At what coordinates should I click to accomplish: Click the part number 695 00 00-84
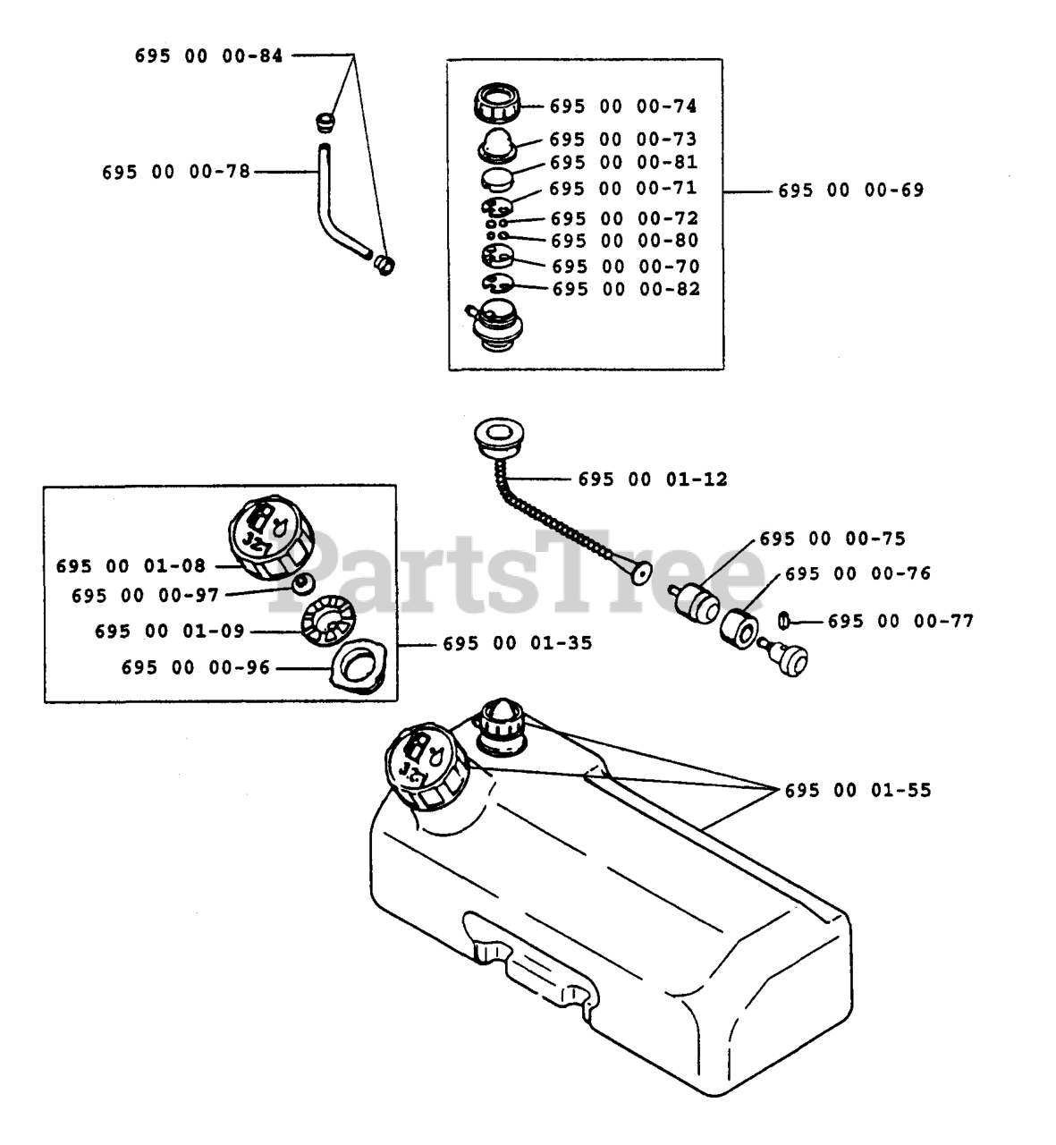[208, 55]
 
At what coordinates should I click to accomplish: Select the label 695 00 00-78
[176, 171]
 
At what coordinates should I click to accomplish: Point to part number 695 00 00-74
[622, 106]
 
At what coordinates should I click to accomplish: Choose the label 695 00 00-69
[850, 190]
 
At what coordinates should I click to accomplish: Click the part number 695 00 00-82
[626, 289]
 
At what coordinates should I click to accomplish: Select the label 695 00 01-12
[653, 479]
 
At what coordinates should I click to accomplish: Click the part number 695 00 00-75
[832, 539]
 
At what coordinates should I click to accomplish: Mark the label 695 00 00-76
[857, 574]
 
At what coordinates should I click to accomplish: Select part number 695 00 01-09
[169, 632]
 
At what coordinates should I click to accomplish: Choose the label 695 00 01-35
[517, 643]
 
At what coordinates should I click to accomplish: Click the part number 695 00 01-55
[857, 791]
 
